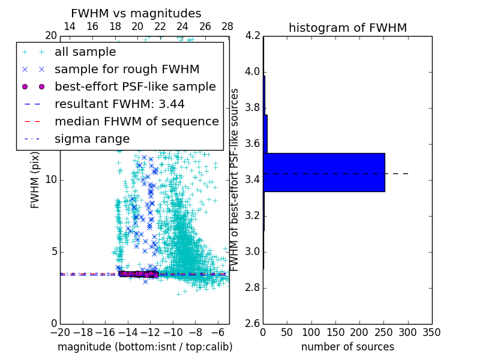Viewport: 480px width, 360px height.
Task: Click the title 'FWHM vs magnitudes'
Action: point(136,13)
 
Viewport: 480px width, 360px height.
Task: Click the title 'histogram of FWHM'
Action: point(347,28)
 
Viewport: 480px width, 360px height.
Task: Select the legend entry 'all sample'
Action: point(85,52)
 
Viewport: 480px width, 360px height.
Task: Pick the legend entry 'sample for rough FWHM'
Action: point(127,69)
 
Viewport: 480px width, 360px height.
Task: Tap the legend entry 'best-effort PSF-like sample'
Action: point(135,86)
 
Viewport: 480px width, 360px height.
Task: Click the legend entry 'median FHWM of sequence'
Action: point(136,121)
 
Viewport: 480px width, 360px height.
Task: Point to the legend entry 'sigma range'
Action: point(92,139)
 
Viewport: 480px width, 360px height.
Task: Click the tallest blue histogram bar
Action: point(324,172)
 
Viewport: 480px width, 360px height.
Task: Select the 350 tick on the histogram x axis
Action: point(431,332)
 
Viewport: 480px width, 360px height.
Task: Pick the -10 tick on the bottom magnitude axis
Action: point(173,332)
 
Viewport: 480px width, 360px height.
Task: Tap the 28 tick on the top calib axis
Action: point(227,26)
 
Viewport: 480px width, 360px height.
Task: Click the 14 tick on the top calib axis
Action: point(70,26)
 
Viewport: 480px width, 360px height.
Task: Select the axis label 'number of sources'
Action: point(347,347)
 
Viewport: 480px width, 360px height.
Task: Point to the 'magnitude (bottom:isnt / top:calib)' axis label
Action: point(145,347)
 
